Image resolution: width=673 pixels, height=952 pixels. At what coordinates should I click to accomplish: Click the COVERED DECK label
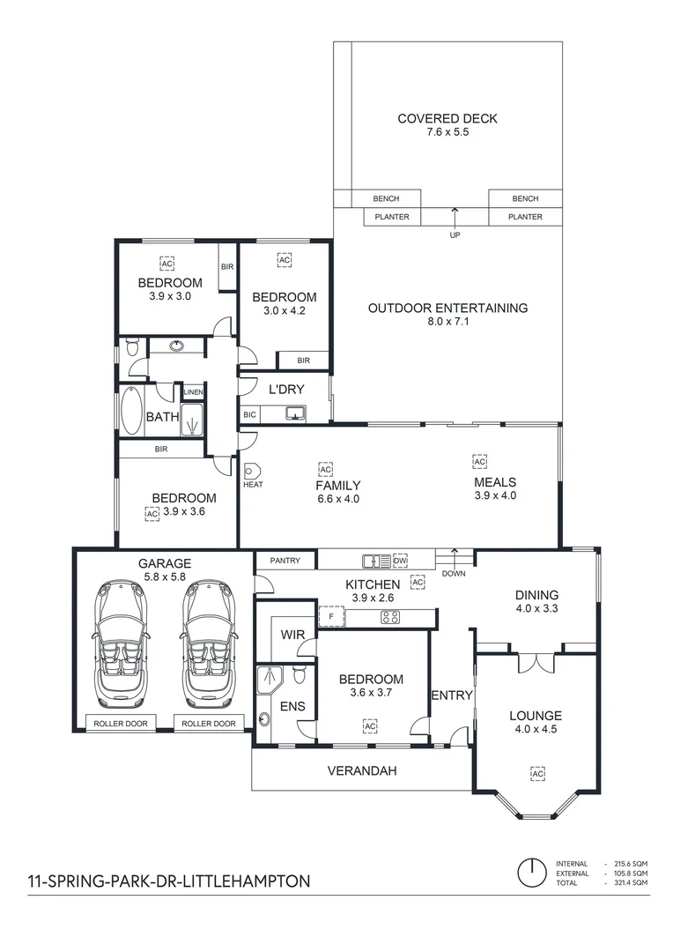(447, 119)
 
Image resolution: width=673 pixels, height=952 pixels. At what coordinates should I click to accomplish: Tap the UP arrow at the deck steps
(455, 216)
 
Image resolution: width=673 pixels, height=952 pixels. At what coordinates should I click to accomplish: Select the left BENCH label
(386, 198)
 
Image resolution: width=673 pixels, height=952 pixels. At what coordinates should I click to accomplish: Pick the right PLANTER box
(526, 217)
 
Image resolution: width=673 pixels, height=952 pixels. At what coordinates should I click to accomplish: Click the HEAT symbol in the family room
(252, 471)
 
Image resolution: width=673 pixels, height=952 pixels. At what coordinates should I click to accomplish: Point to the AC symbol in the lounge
(537, 774)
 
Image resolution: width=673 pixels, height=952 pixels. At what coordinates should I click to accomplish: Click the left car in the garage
(120, 643)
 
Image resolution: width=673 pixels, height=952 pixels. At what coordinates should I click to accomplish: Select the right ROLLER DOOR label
(209, 724)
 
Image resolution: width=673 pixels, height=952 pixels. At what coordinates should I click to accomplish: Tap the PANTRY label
(285, 561)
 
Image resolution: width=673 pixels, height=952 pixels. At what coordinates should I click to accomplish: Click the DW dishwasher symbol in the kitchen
(400, 561)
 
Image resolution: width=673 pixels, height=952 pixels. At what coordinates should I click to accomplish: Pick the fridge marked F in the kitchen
(331, 617)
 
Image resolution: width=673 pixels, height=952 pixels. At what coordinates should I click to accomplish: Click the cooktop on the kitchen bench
(389, 617)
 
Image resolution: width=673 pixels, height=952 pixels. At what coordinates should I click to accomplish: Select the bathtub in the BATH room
(131, 411)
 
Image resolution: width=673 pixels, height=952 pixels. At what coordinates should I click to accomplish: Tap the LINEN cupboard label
(194, 392)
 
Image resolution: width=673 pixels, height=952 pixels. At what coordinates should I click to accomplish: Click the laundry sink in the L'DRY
(296, 413)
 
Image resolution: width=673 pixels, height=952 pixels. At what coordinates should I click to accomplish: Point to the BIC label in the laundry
(249, 414)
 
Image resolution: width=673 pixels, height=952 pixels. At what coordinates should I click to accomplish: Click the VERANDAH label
(362, 771)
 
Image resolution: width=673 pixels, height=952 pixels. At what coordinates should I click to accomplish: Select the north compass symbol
(532, 873)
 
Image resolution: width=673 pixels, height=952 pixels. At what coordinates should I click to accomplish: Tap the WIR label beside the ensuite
(292, 635)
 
